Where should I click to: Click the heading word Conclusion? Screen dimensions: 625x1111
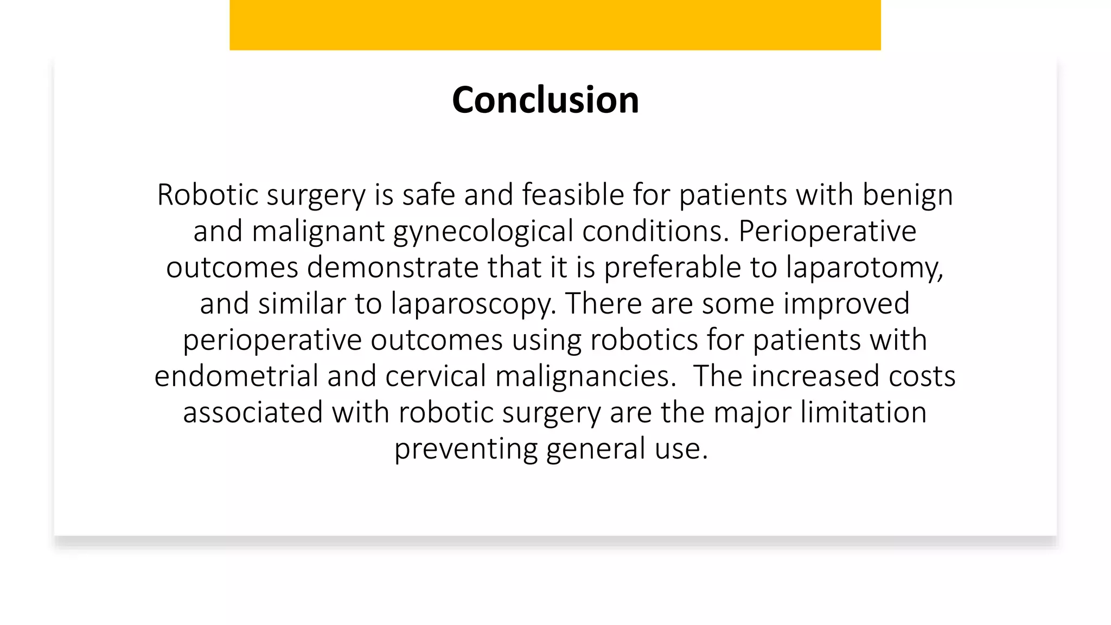pyautogui.click(x=545, y=100)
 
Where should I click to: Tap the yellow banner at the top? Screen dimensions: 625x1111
pyautogui.click(x=555, y=25)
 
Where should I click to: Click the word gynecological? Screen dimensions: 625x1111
pyautogui.click(x=483, y=232)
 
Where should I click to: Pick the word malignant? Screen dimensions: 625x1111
pyautogui.click(x=318, y=231)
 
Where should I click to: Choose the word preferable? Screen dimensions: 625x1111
pyautogui.click(x=672, y=267)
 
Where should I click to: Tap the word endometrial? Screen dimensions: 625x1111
pyautogui.click(x=236, y=376)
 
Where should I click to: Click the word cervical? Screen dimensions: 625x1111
pyautogui.click(x=435, y=376)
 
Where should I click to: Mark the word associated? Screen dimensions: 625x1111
pyautogui.click(x=253, y=412)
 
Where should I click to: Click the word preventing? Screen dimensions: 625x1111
pyautogui.click(x=465, y=449)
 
